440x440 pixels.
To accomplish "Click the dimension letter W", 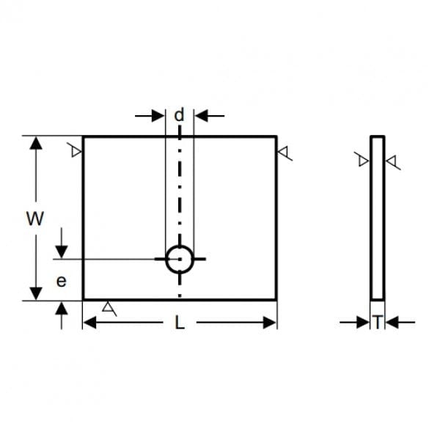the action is (x=35, y=219).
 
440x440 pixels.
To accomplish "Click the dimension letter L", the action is (x=180, y=323).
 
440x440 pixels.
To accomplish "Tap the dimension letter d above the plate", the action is (x=180, y=114).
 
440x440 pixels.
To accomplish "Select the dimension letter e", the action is (x=62, y=281).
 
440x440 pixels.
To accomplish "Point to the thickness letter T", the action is (x=378, y=322).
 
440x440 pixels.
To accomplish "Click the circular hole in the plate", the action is (x=180, y=246).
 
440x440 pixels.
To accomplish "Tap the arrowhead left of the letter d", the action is (x=158, y=116).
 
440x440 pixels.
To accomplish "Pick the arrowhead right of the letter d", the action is (x=201, y=116).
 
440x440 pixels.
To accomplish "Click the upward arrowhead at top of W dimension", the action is (x=36, y=143).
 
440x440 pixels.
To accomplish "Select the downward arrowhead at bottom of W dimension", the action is (x=36, y=293).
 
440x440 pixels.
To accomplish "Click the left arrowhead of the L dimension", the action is (x=89, y=323).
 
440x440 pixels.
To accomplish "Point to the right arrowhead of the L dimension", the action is (x=270, y=323).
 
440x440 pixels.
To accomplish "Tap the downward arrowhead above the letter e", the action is (x=62, y=252).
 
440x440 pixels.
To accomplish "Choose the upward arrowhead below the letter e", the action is (x=62, y=308).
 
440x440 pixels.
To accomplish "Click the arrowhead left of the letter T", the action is (x=363, y=322).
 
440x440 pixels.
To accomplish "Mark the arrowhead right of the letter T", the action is (x=392, y=322).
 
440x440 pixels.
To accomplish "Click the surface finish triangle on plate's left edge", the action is (x=76, y=152).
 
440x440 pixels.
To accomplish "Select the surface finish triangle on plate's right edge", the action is (x=283, y=152).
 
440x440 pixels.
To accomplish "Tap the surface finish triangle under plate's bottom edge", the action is (x=108, y=307).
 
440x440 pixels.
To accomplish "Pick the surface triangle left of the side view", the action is (x=363, y=161).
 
